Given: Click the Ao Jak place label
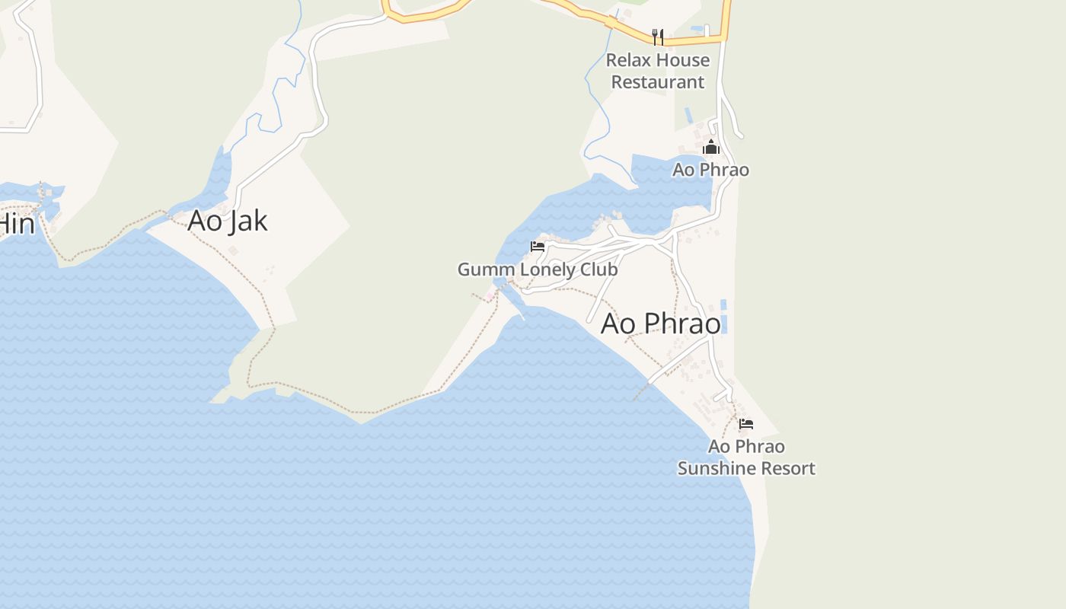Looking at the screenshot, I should tap(228, 220).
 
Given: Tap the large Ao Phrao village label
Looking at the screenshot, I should tap(660, 324).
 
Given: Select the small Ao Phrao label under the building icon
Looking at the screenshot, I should tap(710, 170).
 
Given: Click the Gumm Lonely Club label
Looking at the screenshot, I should tap(538, 269).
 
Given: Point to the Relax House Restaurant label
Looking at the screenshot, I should tap(658, 71).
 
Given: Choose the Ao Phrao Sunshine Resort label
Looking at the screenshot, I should tap(746, 457).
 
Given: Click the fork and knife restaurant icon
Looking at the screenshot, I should tap(658, 37).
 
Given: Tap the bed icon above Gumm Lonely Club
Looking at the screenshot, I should tap(538, 247).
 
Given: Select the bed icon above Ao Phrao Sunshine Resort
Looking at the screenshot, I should tap(746, 423).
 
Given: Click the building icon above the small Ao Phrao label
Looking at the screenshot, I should tap(711, 147).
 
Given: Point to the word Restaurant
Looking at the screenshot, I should tap(658, 82).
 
